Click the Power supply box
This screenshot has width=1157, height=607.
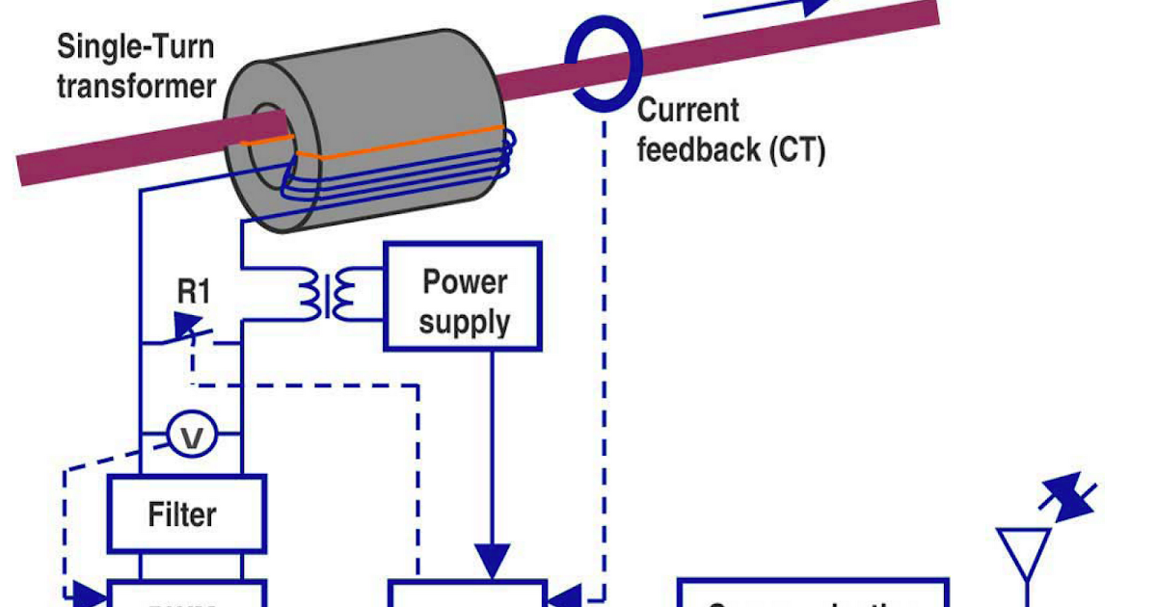463,296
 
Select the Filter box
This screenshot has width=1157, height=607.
182,515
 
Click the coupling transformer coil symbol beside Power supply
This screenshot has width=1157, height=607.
322,295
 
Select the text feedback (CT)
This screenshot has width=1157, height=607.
732,151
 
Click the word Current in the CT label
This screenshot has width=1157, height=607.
688,110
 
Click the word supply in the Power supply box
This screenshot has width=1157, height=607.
464,321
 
